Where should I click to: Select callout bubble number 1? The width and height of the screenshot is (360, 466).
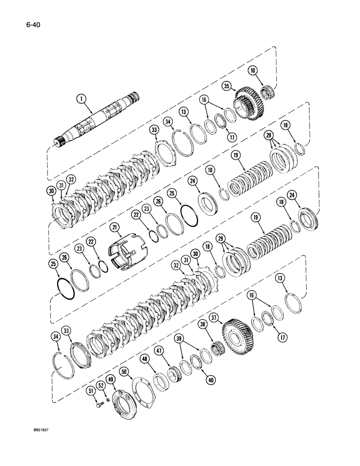pyautogui.click(x=82, y=99)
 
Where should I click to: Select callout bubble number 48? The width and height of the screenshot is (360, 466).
pyautogui.click(x=145, y=359)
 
